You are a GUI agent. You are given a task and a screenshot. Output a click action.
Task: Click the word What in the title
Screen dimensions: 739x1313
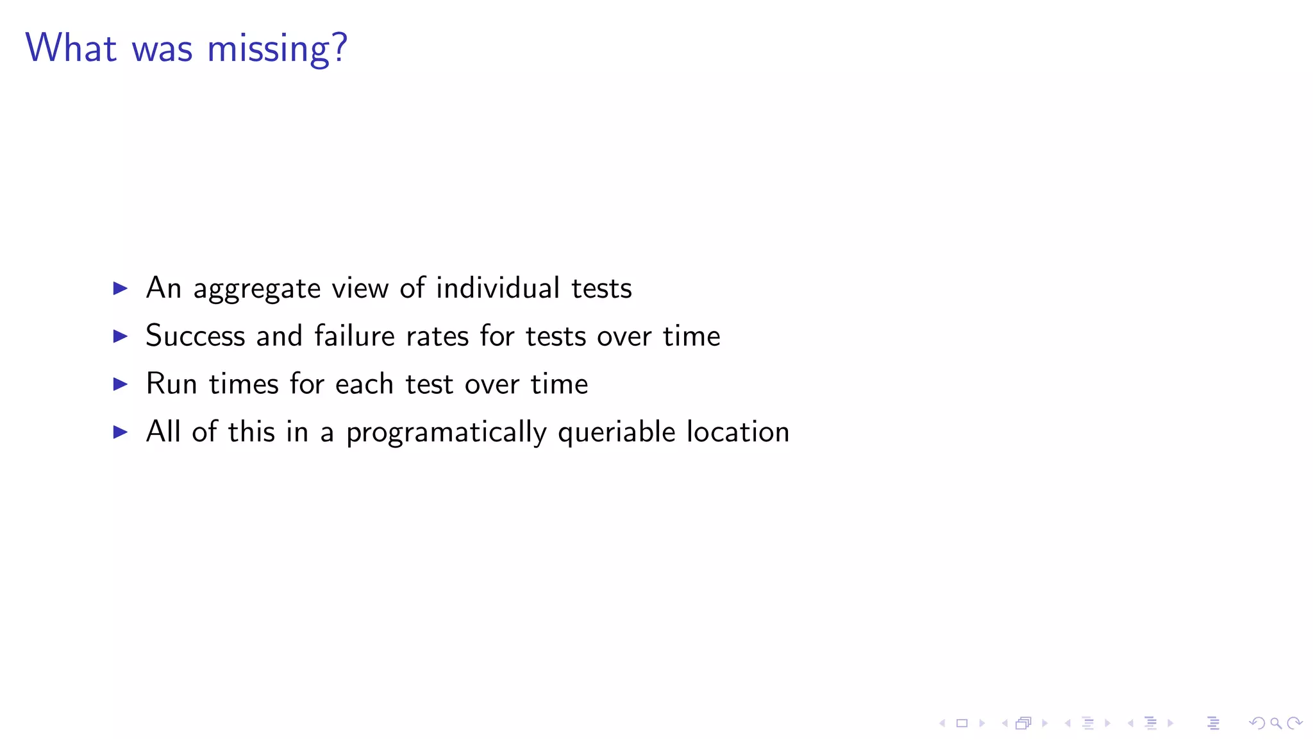click(71, 48)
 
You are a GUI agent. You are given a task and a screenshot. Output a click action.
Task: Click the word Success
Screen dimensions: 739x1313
click(196, 336)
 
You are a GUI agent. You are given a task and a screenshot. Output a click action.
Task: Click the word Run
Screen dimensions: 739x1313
click(171, 384)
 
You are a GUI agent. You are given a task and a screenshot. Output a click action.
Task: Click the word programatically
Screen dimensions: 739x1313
click(446, 433)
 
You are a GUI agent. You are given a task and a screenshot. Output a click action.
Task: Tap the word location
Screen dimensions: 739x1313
click(738, 432)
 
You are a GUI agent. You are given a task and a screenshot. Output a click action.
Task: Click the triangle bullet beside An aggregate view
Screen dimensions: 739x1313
click(120, 288)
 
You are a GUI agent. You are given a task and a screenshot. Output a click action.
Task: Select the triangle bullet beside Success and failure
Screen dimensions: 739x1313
click(120, 336)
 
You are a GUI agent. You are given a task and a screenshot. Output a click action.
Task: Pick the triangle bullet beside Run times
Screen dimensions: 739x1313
click(120, 384)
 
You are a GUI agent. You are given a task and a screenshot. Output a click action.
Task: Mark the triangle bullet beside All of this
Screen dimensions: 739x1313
click(120, 432)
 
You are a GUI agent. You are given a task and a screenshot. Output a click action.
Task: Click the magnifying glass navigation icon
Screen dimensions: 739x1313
click(1276, 723)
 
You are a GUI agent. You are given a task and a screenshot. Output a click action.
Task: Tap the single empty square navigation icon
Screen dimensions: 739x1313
click(962, 723)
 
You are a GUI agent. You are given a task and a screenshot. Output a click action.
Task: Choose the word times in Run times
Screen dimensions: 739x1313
click(244, 384)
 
